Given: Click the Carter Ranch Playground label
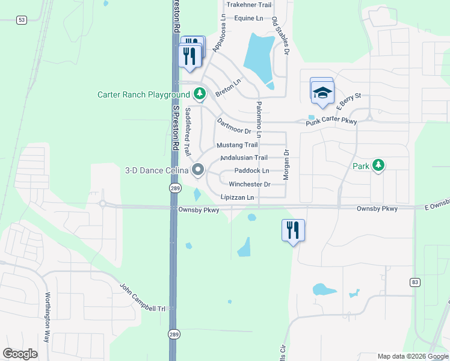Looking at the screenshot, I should (143, 95).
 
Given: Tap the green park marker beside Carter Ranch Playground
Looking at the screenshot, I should (200, 94).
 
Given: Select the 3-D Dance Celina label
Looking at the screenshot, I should (156, 170).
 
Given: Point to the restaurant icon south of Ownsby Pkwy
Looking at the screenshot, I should (293, 230).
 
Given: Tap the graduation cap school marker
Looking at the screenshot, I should (322, 92).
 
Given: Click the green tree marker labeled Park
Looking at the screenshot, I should (378, 165).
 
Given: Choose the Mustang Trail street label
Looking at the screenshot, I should (237, 145).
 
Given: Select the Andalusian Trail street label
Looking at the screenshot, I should (244, 158).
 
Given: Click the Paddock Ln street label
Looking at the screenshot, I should (251, 171).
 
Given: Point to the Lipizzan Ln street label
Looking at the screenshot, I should (238, 197).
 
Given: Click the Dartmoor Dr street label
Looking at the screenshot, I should (233, 125).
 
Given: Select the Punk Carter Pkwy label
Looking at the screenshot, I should (331, 122).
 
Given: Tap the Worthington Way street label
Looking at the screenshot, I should (48, 317).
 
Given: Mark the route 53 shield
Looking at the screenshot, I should (22, 20).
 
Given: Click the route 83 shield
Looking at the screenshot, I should (415, 282).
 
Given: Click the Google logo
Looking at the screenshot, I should (20, 353).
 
